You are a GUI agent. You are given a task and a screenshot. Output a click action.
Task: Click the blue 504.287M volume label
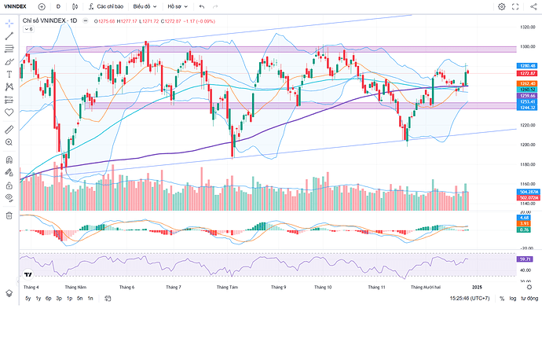coord(527,192)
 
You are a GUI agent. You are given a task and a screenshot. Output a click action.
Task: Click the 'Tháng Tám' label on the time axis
coord(228,288)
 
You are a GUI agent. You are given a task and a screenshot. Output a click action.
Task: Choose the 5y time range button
coord(27,299)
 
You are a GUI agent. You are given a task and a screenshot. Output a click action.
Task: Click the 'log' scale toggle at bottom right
coord(513,299)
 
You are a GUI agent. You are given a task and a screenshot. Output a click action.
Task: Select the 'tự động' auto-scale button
coord(529,299)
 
